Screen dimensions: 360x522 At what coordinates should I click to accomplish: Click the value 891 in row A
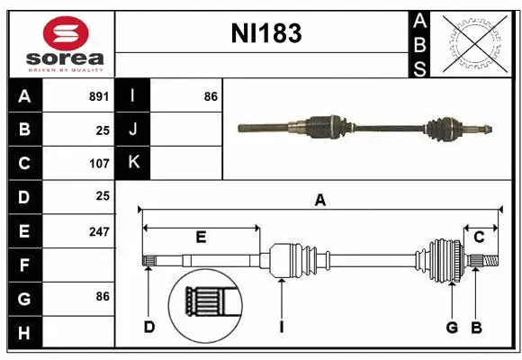(x=98, y=95)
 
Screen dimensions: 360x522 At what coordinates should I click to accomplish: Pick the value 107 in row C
(x=98, y=164)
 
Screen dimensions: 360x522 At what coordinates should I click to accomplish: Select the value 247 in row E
(x=98, y=231)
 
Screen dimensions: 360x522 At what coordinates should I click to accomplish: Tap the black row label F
(x=24, y=265)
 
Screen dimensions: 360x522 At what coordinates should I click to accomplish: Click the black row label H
(x=24, y=333)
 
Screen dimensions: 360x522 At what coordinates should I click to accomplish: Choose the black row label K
(x=133, y=163)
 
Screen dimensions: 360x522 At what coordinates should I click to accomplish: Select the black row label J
(x=133, y=130)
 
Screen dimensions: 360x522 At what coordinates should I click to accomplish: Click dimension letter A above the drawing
(x=319, y=201)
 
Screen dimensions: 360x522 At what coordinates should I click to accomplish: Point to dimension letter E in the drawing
(x=201, y=238)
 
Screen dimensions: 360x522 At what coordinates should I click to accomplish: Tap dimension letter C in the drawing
(x=480, y=238)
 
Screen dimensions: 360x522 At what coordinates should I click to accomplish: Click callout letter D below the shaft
(x=149, y=327)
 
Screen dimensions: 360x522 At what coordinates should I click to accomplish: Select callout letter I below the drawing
(x=281, y=327)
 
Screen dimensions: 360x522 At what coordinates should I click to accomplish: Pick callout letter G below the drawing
(x=453, y=327)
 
